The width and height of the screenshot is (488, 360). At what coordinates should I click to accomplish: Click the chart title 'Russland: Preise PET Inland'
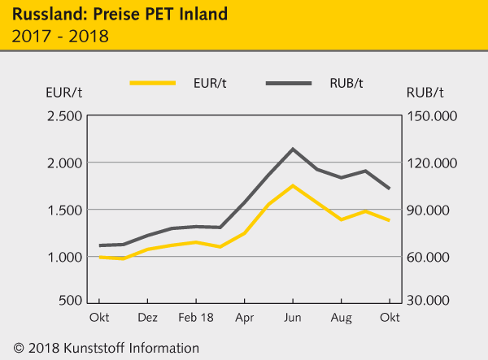pos(120,14)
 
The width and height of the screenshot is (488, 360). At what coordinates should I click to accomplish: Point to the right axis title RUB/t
pos(423,92)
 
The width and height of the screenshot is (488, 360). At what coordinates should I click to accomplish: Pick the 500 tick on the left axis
pos(68,301)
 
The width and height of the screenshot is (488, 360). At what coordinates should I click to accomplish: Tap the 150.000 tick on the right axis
pos(434,116)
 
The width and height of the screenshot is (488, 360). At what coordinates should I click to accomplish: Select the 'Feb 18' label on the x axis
pos(196,319)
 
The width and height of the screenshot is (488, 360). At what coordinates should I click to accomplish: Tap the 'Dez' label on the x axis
pos(147,319)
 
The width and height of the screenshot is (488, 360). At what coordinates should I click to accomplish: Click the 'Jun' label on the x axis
pos(293,319)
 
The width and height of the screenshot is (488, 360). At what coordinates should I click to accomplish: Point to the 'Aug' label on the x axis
pos(342,319)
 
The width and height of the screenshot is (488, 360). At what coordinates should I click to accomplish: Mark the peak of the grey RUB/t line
pos(293,149)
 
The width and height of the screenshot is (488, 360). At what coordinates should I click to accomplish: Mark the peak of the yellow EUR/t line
pos(293,185)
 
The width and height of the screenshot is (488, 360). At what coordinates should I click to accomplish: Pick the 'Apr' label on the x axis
pos(244,319)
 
